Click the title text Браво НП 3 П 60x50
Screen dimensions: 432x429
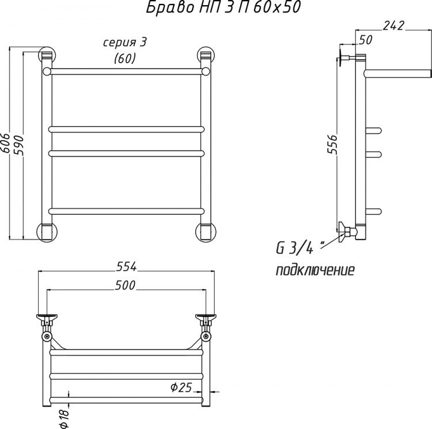coord(223,7)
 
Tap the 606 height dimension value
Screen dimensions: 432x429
coord(6,143)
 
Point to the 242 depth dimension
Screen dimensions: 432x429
coord(393,25)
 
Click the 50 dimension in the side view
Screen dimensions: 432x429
coord(365,40)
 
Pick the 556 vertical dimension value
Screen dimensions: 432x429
coord(332,145)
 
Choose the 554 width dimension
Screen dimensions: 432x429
coord(127,266)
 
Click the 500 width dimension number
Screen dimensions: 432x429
coord(125,285)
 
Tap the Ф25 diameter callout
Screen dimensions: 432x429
coord(181,388)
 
